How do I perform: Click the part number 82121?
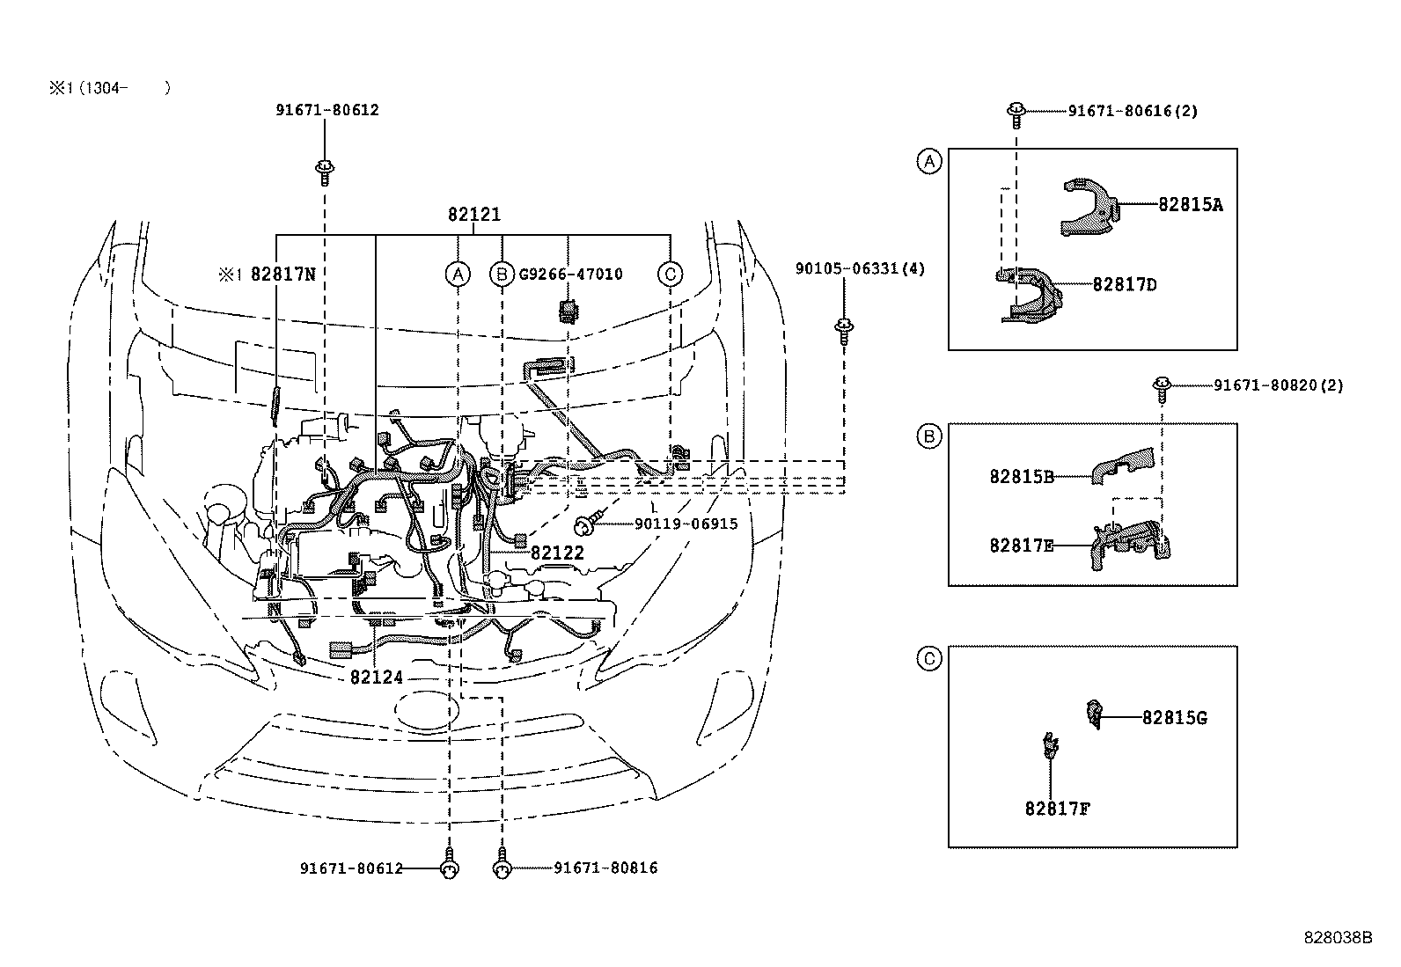tap(474, 214)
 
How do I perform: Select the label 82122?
tap(557, 553)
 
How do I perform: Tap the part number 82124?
tap(376, 678)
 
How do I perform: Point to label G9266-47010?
tap(569, 274)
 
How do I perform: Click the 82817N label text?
tap(282, 274)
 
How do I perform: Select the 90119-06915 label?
tap(686, 524)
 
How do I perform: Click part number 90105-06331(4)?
tap(860, 268)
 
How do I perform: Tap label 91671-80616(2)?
tap(1133, 111)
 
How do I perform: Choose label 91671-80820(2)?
tap(1278, 385)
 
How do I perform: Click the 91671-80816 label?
tap(605, 868)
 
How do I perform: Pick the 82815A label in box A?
tap(1190, 204)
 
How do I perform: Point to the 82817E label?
tap(1021, 545)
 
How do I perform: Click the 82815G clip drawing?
tap(1095, 714)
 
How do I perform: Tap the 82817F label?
tap(1057, 808)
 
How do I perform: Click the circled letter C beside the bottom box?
tap(929, 658)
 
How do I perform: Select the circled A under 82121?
tap(457, 274)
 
